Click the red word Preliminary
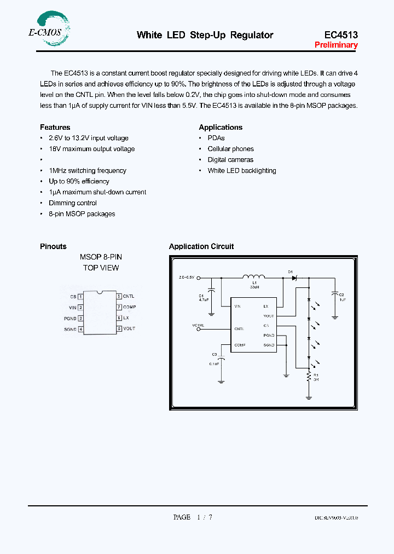336,45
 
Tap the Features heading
55,127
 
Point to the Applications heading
221,127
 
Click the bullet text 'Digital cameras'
230,160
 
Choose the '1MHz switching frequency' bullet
88,171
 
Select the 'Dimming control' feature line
73,203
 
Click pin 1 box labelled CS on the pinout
80,296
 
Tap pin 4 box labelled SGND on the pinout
80,329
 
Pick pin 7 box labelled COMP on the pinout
119,307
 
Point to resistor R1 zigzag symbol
309,376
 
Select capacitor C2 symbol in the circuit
335,296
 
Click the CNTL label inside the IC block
239,329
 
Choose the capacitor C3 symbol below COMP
221,359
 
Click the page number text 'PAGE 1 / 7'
193,517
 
